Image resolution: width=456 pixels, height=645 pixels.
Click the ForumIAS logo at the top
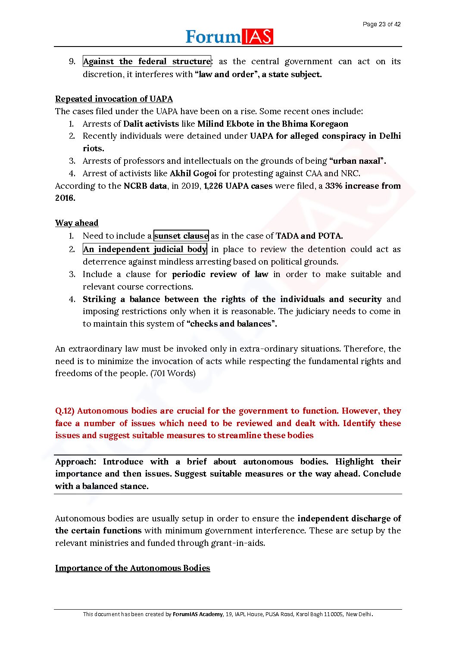229,37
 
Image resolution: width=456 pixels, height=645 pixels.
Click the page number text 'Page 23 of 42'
381,24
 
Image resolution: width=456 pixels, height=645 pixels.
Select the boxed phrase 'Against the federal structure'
147,61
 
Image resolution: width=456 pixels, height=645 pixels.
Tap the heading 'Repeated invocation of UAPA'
114,99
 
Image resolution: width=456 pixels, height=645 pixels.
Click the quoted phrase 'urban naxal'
357,161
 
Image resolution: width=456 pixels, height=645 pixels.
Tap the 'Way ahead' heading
77,223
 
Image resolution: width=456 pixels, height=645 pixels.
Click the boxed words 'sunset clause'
181,236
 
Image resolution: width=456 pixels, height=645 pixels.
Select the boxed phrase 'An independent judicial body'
145,249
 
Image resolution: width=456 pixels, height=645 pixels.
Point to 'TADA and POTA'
309,236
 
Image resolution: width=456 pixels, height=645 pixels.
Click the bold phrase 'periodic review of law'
220,274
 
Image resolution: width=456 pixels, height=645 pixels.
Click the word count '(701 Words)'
173,373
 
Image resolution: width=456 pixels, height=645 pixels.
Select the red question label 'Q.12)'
65,411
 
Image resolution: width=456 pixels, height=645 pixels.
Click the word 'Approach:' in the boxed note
75,461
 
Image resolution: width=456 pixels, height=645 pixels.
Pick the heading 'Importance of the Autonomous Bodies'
132,568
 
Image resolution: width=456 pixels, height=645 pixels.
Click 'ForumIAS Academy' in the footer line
197,614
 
